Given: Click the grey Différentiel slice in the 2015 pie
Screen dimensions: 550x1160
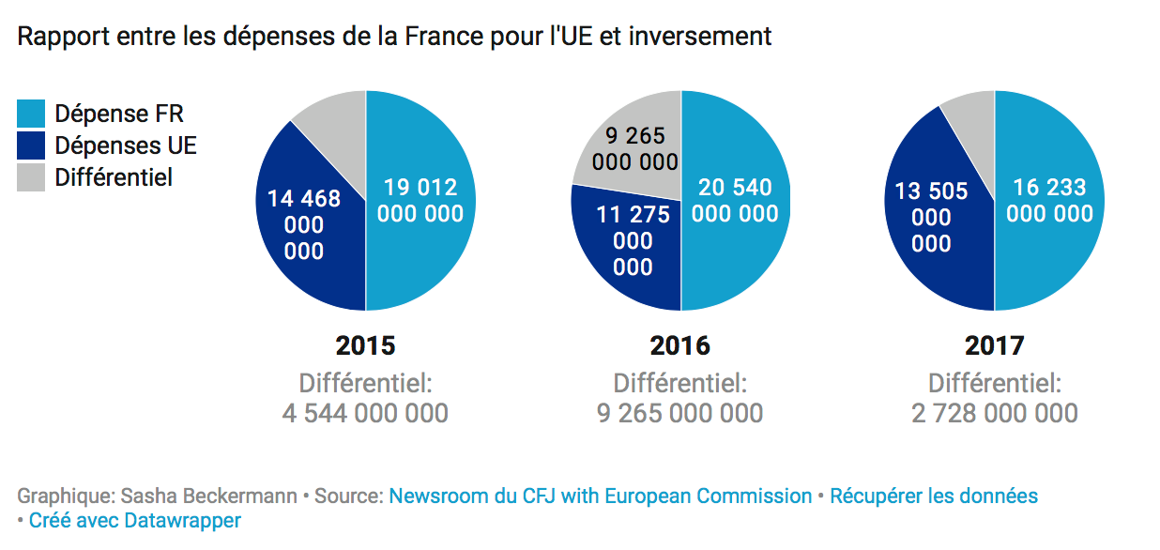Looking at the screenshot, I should click(x=333, y=131).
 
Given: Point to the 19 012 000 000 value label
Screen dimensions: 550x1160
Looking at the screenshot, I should click(x=420, y=200).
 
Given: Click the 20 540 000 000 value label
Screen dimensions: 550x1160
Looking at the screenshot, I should click(x=735, y=200).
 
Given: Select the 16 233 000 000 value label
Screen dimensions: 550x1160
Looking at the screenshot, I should click(x=1049, y=200).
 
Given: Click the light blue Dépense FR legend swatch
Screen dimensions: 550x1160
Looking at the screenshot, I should click(x=31, y=115).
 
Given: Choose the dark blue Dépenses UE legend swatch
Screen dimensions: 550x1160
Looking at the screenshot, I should click(x=31, y=145).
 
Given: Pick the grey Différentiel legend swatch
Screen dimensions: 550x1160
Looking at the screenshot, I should click(x=31, y=177).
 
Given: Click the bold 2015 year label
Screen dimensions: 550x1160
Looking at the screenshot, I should click(x=365, y=345).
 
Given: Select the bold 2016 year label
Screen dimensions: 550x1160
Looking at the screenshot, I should click(x=679, y=345).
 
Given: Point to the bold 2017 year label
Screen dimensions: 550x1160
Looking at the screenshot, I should click(x=994, y=345).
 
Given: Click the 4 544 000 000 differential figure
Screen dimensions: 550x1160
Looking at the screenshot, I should click(x=365, y=413).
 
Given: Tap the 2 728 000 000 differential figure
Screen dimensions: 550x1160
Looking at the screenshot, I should click(x=994, y=413).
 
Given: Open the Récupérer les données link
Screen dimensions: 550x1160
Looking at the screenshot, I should click(x=934, y=496).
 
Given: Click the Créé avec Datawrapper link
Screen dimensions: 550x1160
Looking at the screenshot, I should click(x=134, y=520).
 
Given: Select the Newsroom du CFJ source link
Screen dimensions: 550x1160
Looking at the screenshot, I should click(x=601, y=496).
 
